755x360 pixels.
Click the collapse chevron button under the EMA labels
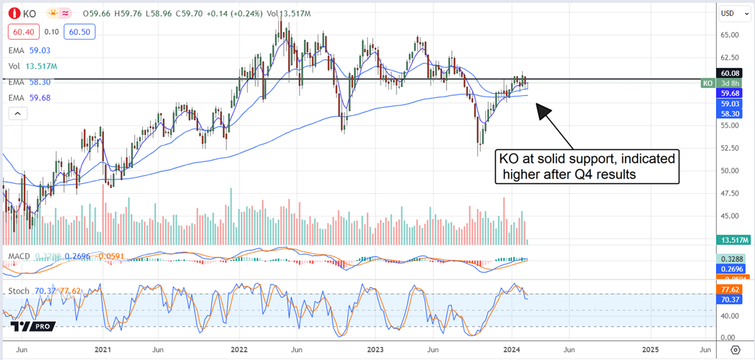pyautogui.click(x=18, y=113)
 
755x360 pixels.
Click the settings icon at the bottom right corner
pyautogui.click(x=735, y=349)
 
